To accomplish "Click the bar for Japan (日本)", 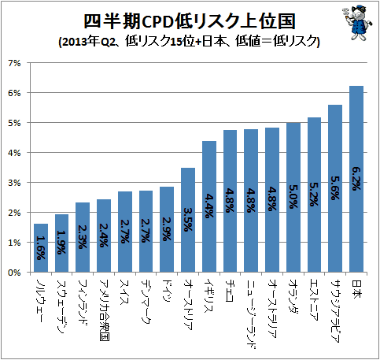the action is pos(356,179).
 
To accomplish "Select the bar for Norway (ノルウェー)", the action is pos(41,248).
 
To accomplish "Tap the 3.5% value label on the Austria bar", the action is pos(188,220).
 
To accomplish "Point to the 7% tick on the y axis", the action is pos(14,63).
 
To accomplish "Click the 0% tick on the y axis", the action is pos(14,273).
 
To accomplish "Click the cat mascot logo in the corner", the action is pos(357,23).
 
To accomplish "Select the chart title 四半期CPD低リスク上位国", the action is pos(190,21).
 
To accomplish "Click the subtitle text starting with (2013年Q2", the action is pos(190,42).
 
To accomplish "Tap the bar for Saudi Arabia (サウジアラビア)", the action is pos(335,188).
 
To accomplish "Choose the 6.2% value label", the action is pos(356,179).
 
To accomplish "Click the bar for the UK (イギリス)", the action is pos(209,206).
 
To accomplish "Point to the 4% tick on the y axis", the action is pos(14,153).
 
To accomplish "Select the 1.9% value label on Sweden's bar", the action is pos(61,243).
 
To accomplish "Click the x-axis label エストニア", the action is pos(314,300).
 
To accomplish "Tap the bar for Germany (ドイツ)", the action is pos(167,229).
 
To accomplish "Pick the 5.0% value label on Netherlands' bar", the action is pos(293,196).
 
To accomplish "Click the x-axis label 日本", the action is pos(356,288).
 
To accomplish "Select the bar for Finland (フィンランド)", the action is pos(83,237).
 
